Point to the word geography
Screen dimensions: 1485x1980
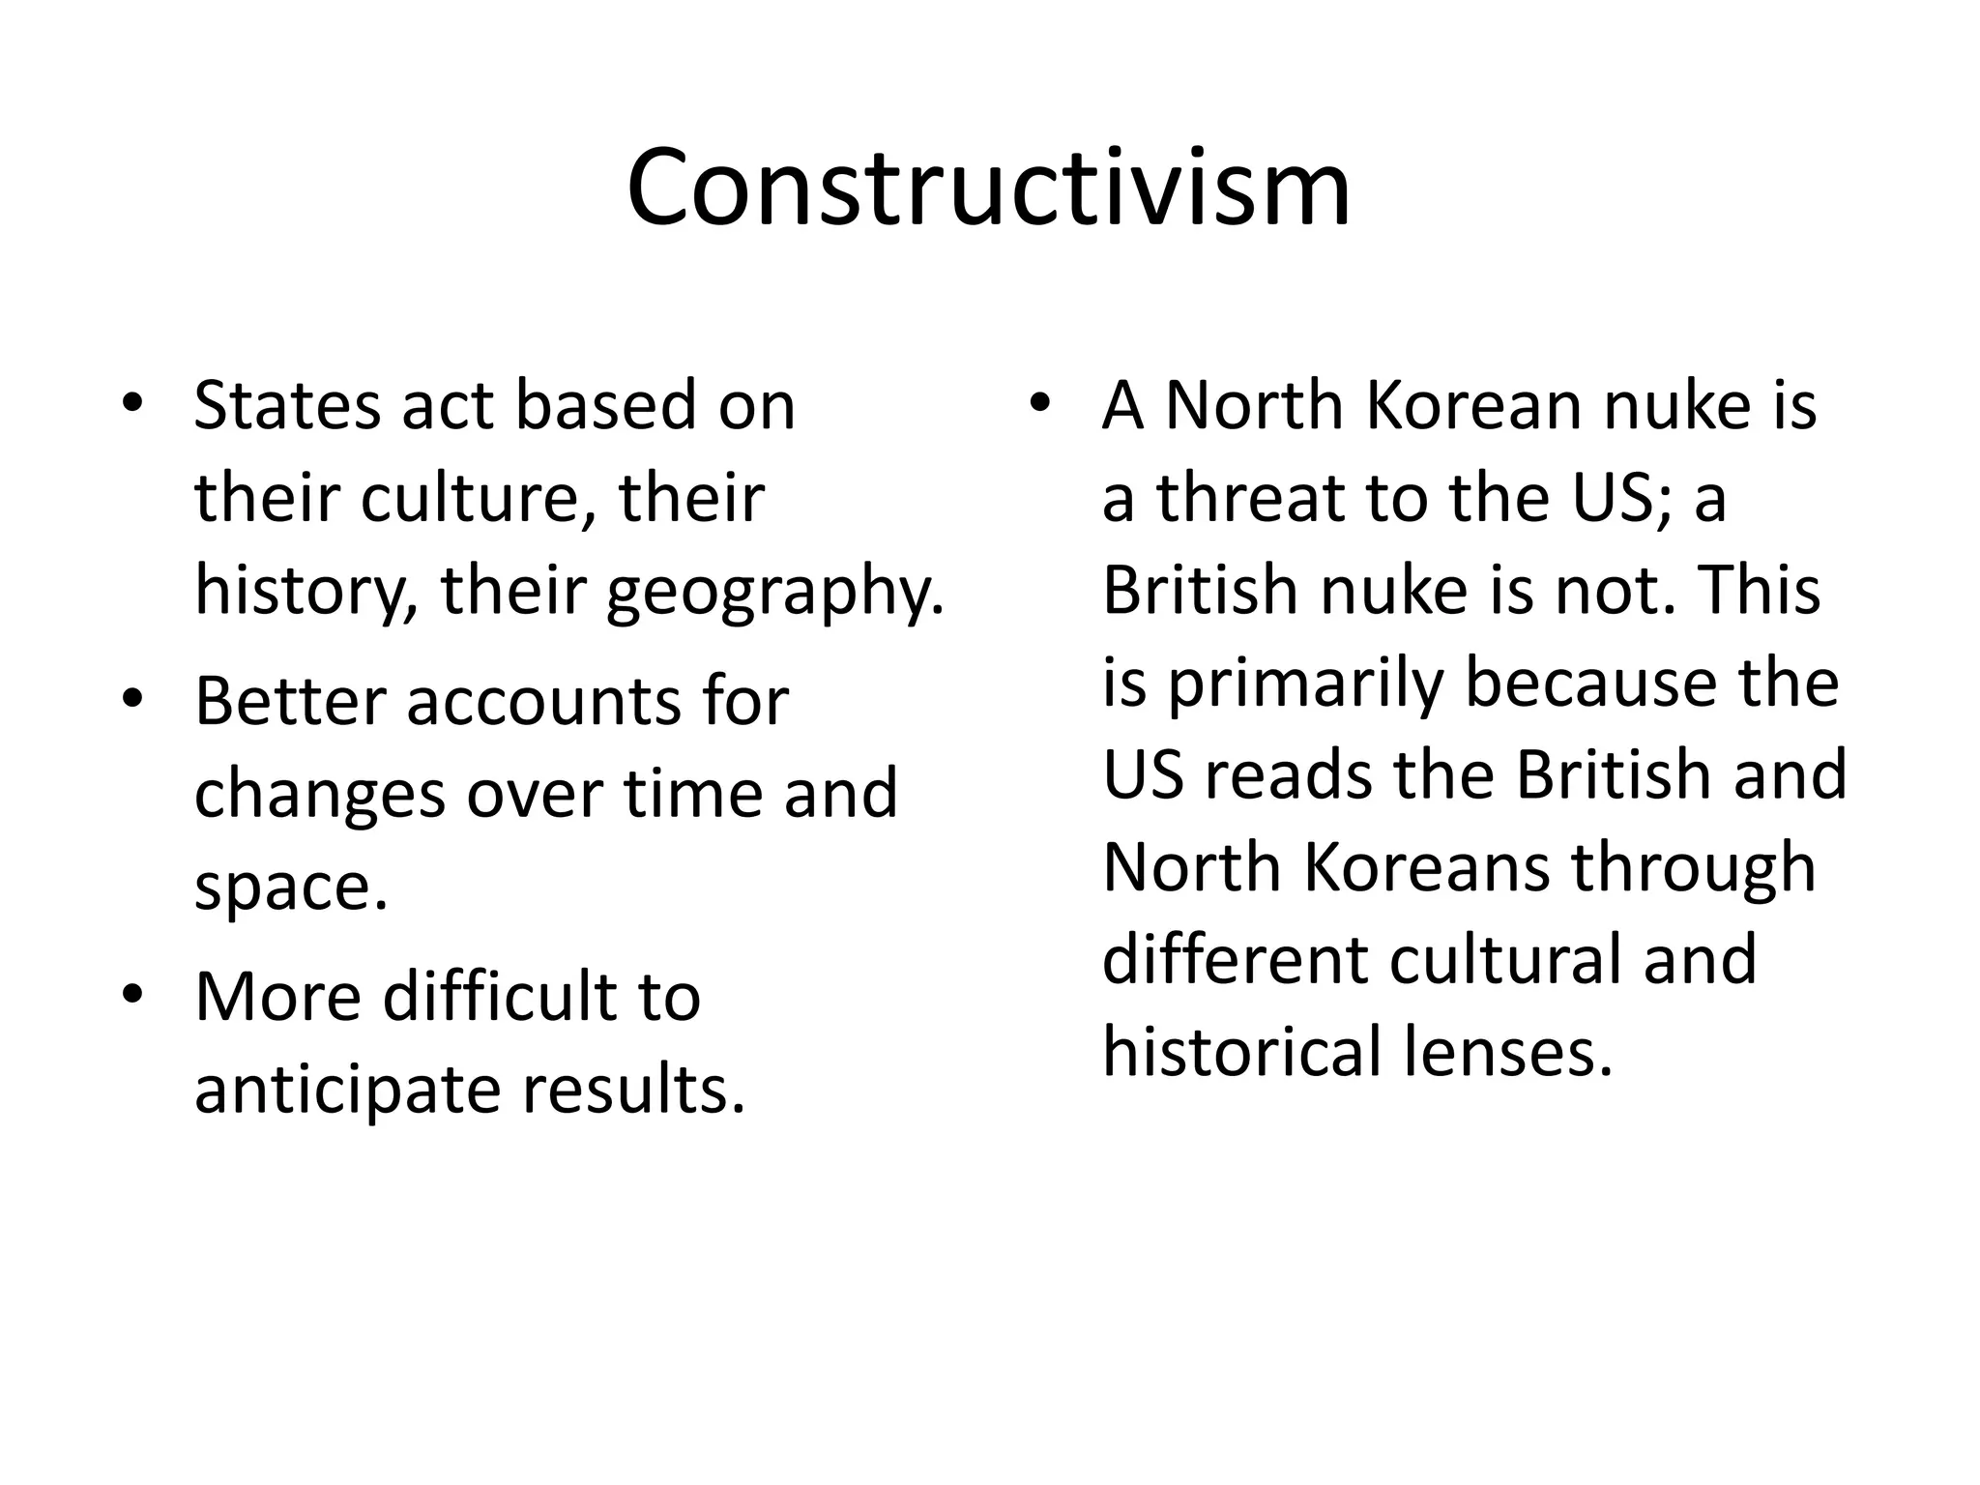click(774, 592)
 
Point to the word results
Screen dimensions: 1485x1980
click(634, 1088)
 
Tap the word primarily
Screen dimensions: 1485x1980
click(1305, 684)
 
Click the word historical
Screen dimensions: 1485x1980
click(1241, 1051)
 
